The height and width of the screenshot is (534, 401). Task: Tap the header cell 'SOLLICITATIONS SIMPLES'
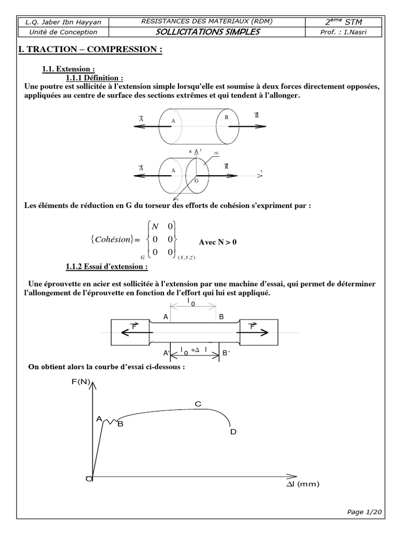tap(207, 32)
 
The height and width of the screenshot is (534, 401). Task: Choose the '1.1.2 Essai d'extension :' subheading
tap(107, 267)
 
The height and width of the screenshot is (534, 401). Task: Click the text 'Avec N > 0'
tap(218, 242)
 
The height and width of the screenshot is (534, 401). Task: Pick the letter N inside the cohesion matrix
tap(154, 226)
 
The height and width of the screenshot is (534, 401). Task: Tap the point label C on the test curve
tap(198, 404)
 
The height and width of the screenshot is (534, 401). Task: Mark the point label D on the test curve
tap(233, 432)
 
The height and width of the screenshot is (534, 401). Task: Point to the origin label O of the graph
tap(90, 479)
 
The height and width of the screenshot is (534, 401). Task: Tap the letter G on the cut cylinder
tap(197, 180)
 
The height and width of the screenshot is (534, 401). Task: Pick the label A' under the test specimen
tap(166, 353)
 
